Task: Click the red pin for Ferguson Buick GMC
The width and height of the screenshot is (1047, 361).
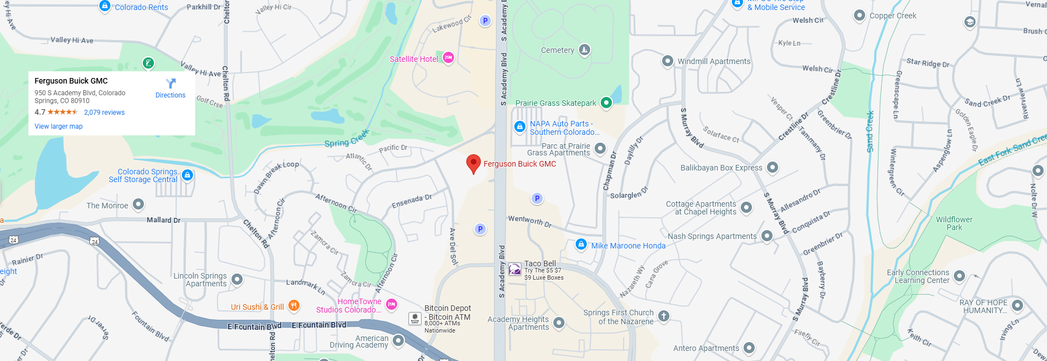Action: pos(473,164)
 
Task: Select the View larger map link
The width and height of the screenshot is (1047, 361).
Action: pos(59,126)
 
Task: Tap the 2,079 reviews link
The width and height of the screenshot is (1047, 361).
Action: pos(104,113)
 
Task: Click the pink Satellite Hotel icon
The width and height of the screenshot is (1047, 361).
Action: pos(448,58)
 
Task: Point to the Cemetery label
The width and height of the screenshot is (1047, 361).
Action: pos(557,50)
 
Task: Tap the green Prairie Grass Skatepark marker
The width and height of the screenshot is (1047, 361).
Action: pos(606,103)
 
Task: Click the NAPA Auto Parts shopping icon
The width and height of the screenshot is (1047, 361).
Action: pos(520,127)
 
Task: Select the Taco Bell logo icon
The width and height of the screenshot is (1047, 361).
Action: pos(515,270)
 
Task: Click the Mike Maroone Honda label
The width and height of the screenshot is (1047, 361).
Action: pos(628,246)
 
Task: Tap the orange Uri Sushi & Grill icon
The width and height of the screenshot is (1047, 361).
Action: pos(294,306)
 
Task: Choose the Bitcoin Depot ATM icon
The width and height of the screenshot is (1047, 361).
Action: pos(415,318)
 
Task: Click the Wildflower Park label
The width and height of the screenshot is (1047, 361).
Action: pos(954,223)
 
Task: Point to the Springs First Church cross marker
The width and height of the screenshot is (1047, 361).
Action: pos(663,316)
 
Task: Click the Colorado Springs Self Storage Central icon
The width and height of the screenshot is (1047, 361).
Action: pos(187,175)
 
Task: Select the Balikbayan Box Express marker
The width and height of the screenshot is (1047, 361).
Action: pos(773,167)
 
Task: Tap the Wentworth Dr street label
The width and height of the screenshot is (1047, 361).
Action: pos(529,221)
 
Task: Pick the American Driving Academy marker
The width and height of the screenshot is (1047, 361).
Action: pos(398,340)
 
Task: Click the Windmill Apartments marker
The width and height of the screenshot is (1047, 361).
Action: pos(668,61)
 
